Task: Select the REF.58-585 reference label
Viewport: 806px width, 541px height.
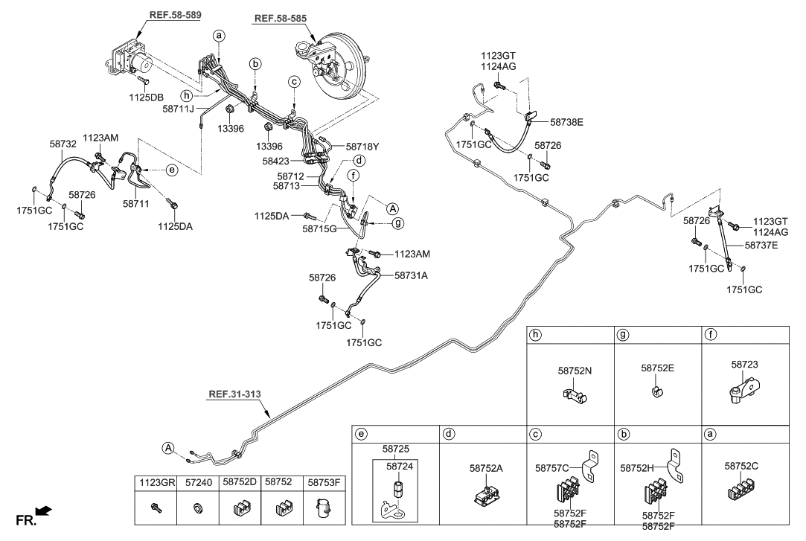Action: pos(280,19)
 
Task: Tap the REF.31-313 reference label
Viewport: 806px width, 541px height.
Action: pos(234,394)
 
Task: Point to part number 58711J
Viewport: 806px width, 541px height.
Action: pos(178,109)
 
